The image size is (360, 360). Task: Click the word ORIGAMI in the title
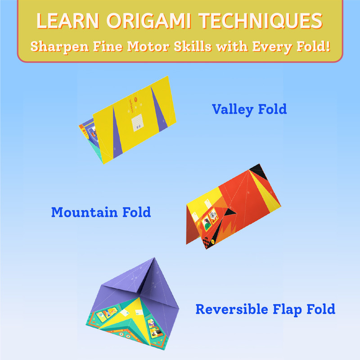(149, 21)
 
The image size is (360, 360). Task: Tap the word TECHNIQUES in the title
(261, 21)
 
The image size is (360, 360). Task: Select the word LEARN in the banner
(68, 21)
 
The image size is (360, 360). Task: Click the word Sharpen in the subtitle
(59, 47)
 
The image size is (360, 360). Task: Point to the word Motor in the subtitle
(148, 46)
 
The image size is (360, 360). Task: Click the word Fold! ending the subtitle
(313, 46)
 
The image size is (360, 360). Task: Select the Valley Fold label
(249, 109)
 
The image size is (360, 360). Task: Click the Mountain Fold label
(101, 212)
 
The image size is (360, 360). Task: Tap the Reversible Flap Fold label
(265, 309)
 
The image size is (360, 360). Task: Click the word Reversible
(232, 309)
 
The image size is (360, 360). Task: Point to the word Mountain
(85, 212)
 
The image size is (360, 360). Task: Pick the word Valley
(233, 109)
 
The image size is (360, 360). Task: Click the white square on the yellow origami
(138, 123)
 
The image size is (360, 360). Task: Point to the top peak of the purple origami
(154, 258)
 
